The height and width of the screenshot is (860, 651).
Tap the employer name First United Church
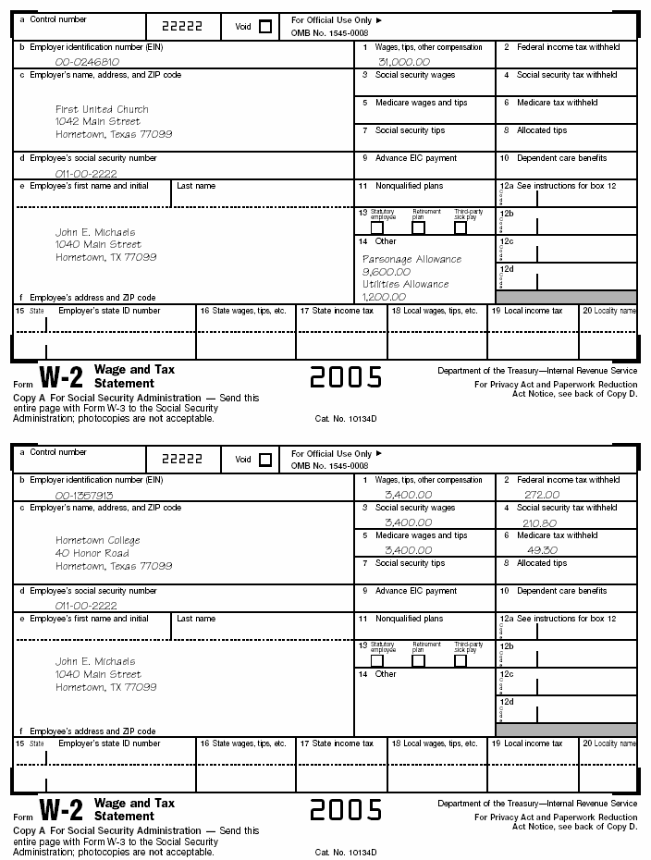click(102, 109)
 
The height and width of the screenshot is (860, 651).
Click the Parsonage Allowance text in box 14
click(411, 260)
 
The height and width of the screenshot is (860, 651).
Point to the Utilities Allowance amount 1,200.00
click(384, 297)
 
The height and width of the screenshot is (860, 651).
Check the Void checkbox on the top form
click(265, 27)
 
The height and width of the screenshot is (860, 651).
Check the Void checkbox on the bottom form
click(265, 460)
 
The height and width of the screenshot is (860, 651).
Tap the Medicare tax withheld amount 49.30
click(534, 550)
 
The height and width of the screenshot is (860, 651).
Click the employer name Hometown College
click(98, 540)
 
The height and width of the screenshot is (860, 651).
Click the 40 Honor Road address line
click(92, 553)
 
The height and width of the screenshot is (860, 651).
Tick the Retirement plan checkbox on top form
click(418, 227)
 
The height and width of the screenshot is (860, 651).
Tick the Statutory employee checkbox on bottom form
click(377, 660)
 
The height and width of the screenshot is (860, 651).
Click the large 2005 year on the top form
click(346, 376)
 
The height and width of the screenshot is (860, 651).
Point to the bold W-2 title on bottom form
click(61, 810)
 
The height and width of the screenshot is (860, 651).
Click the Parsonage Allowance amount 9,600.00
click(387, 273)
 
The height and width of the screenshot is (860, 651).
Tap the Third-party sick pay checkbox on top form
click(460, 227)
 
